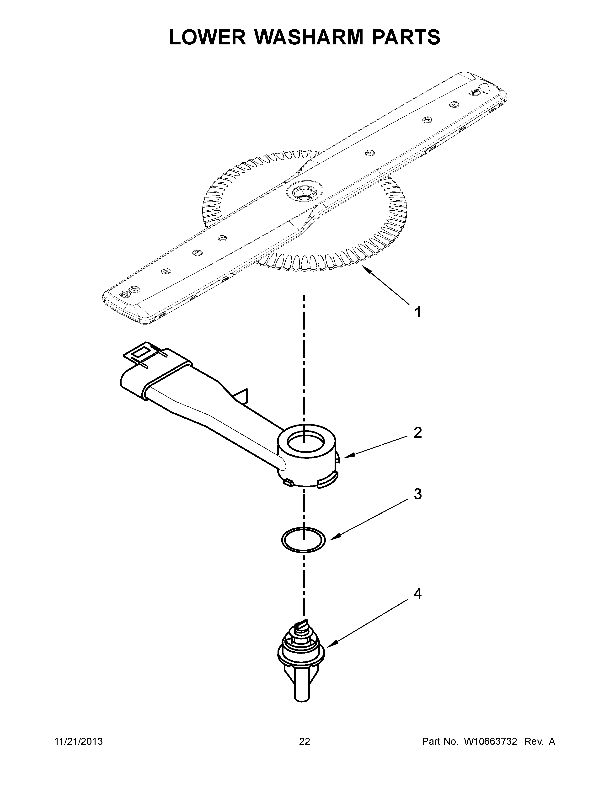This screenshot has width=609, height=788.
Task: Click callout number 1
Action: (418, 312)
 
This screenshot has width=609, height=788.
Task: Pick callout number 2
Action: (417, 433)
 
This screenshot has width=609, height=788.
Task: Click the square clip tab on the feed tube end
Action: (140, 352)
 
